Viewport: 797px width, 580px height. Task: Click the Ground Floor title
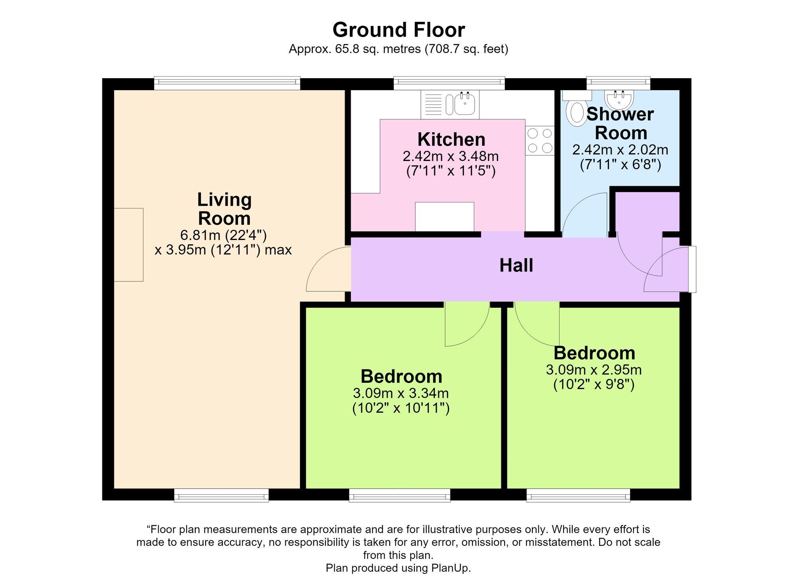(x=398, y=30)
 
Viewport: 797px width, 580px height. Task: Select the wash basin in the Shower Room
(x=618, y=99)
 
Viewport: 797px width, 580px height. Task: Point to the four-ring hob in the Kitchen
(x=540, y=140)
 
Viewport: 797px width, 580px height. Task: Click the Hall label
(x=516, y=265)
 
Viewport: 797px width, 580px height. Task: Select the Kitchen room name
(x=452, y=140)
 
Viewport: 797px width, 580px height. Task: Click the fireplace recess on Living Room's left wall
(x=128, y=245)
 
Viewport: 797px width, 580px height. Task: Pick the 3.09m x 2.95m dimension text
(x=594, y=370)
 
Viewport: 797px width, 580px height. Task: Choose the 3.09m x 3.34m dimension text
(x=401, y=393)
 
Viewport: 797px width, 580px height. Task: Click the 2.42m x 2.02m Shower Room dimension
(x=620, y=150)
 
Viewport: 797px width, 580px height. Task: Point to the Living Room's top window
(x=227, y=83)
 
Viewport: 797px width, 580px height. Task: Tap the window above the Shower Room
(x=618, y=83)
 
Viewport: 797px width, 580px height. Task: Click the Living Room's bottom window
(x=221, y=495)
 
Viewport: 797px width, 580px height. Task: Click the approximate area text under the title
(x=398, y=49)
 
